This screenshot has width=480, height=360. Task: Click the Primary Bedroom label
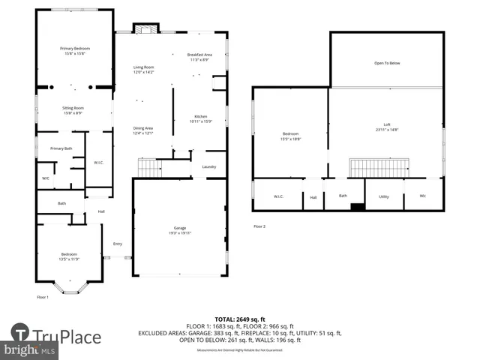pos(75,48)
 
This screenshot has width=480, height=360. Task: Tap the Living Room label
pos(143,67)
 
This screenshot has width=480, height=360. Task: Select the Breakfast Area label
pos(199,54)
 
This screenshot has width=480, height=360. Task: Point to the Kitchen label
pos(200,116)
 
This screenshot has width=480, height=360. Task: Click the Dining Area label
pos(143,128)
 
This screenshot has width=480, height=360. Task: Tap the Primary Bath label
pos(61,148)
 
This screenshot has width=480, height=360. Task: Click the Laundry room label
pos(209,166)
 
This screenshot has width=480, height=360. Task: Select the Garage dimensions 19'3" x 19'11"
pos(179,233)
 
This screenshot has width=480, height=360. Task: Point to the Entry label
pos(118,244)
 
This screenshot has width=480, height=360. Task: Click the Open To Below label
pos(387,63)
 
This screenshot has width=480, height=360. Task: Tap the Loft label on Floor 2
pos(386,124)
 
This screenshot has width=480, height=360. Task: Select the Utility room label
pos(384,196)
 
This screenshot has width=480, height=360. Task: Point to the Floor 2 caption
pos(259,226)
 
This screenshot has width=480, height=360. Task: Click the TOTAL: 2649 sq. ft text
pos(239,319)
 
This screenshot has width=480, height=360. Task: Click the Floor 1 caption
pos(43,297)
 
